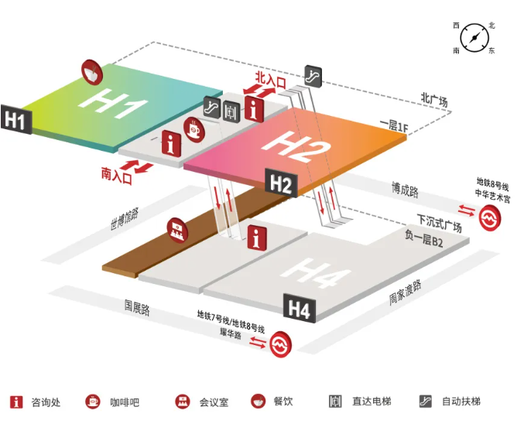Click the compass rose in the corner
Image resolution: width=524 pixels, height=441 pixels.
coord(474,38)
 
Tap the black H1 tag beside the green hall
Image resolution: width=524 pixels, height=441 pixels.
coord(16,120)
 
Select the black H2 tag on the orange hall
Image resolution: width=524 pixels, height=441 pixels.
coord(281,183)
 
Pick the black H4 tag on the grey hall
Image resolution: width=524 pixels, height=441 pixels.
coord(300,309)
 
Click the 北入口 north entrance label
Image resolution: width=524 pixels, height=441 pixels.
coord(270,80)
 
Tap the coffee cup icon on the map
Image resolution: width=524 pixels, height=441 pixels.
coord(194,130)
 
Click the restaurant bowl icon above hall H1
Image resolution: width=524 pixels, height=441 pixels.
coord(91,72)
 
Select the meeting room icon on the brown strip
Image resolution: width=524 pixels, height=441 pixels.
coord(177,231)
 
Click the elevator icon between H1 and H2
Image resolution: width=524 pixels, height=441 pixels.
coord(231,111)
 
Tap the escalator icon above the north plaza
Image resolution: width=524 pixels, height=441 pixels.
coord(313,76)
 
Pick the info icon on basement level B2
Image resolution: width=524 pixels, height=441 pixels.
coord(257,238)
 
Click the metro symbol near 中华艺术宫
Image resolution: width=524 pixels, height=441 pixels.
coord(490,218)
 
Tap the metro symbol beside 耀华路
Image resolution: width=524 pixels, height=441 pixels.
coord(280,344)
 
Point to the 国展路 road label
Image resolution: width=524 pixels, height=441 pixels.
coord(137,308)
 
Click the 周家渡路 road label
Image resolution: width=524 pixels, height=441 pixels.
coord(405,292)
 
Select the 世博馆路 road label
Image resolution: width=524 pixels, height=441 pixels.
coord(125,219)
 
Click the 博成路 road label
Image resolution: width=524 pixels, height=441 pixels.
coord(405,190)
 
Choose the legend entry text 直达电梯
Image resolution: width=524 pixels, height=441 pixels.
coord(372,402)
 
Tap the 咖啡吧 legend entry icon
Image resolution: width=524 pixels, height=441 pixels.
coord(93,402)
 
